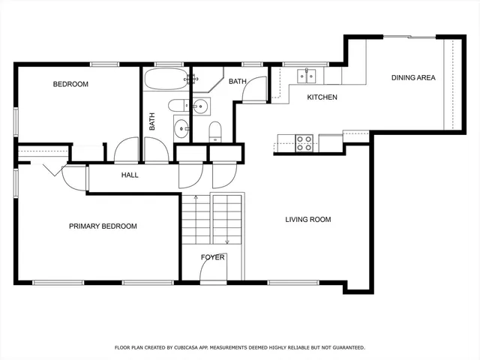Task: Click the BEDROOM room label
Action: tap(70, 85)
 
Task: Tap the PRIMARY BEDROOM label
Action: tap(103, 226)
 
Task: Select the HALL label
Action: tap(130, 175)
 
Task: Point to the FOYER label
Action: tap(212, 257)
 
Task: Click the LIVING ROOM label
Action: tap(307, 220)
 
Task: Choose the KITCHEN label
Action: tap(322, 97)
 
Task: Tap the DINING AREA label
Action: tap(413, 77)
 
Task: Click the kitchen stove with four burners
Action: tap(304, 142)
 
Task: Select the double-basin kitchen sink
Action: tap(306, 75)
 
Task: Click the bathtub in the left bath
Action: tap(164, 80)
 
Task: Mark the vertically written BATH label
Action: tap(151, 122)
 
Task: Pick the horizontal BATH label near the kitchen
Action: tap(238, 81)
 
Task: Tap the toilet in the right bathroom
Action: tap(215, 130)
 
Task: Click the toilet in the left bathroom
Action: tap(178, 104)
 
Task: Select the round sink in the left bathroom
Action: tap(181, 129)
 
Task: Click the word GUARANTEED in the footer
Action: tap(344, 348)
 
